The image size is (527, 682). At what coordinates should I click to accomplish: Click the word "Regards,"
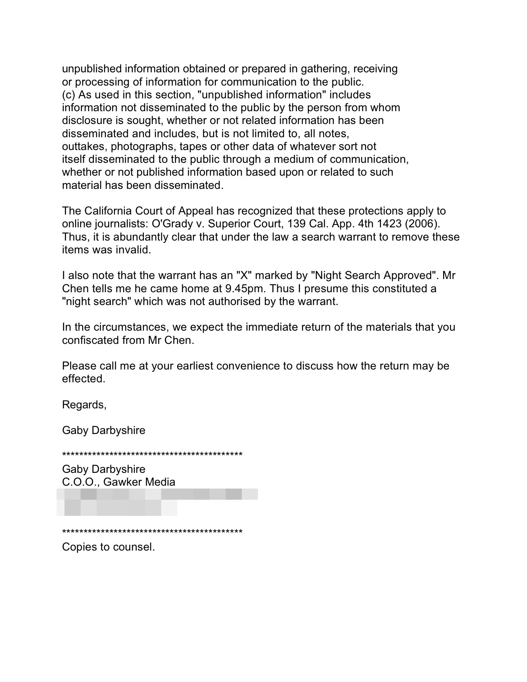pyautogui.click(x=84, y=405)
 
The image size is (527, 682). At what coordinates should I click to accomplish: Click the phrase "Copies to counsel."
pyautogui.click(x=108, y=547)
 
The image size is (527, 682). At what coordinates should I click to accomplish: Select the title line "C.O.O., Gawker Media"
pyautogui.click(x=119, y=482)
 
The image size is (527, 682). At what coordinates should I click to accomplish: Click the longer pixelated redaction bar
pyautogui.click(x=157, y=494)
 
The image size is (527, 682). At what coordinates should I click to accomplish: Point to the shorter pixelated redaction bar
pyautogui.click(x=117, y=508)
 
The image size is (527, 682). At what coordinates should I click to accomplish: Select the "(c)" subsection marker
pyautogui.click(x=69, y=95)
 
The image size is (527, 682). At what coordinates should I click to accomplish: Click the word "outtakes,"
pyautogui.click(x=85, y=147)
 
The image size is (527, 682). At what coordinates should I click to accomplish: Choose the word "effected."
pyautogui.click(x=84, y=379)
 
